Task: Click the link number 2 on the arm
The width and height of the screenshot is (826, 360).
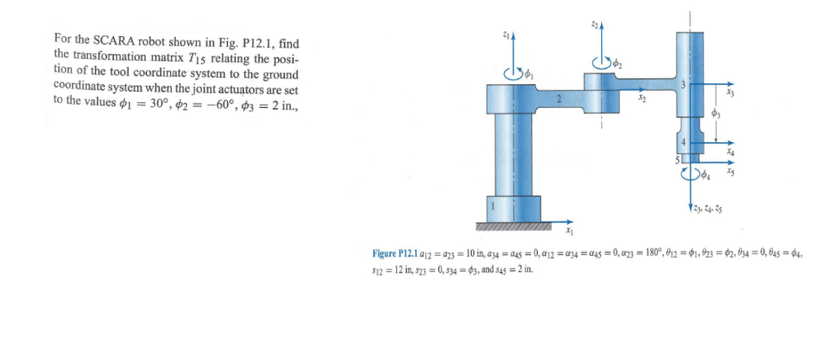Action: [560, 98]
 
